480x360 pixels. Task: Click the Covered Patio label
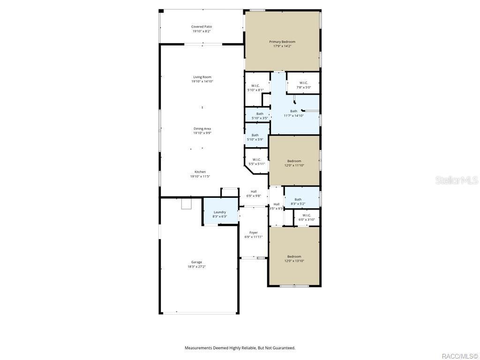click(x=202, y=27)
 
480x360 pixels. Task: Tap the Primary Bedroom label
click(x=282, y=42)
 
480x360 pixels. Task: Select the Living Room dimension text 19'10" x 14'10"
click(x=202, y=82)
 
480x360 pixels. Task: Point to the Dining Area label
click(x=202, y=128)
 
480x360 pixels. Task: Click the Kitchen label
click(x=200, y=172)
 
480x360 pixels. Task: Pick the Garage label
click(x=196, y=262)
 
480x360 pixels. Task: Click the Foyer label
click(x=253, y=232)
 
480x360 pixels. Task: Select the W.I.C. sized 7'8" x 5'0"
click(x=304, y=85)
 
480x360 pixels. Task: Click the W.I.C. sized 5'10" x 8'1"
click(x=255, y=88)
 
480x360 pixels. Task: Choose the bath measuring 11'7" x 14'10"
click(x=293, y=113)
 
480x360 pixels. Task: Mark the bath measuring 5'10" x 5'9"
click(x=255, y=137)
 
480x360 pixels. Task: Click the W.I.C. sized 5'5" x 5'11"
click(x=256, y=162)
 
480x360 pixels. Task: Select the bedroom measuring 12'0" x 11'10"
click(x=294, y=163)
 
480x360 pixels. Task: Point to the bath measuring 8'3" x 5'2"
click(x=298, y=201)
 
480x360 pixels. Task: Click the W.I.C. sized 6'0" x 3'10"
click(x=307, y=217)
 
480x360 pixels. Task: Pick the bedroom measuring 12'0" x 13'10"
click(x=294, y=258)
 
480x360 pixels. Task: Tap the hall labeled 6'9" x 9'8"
click(x=254, y=193)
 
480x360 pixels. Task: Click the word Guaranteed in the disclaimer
click(x=284, y=348)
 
